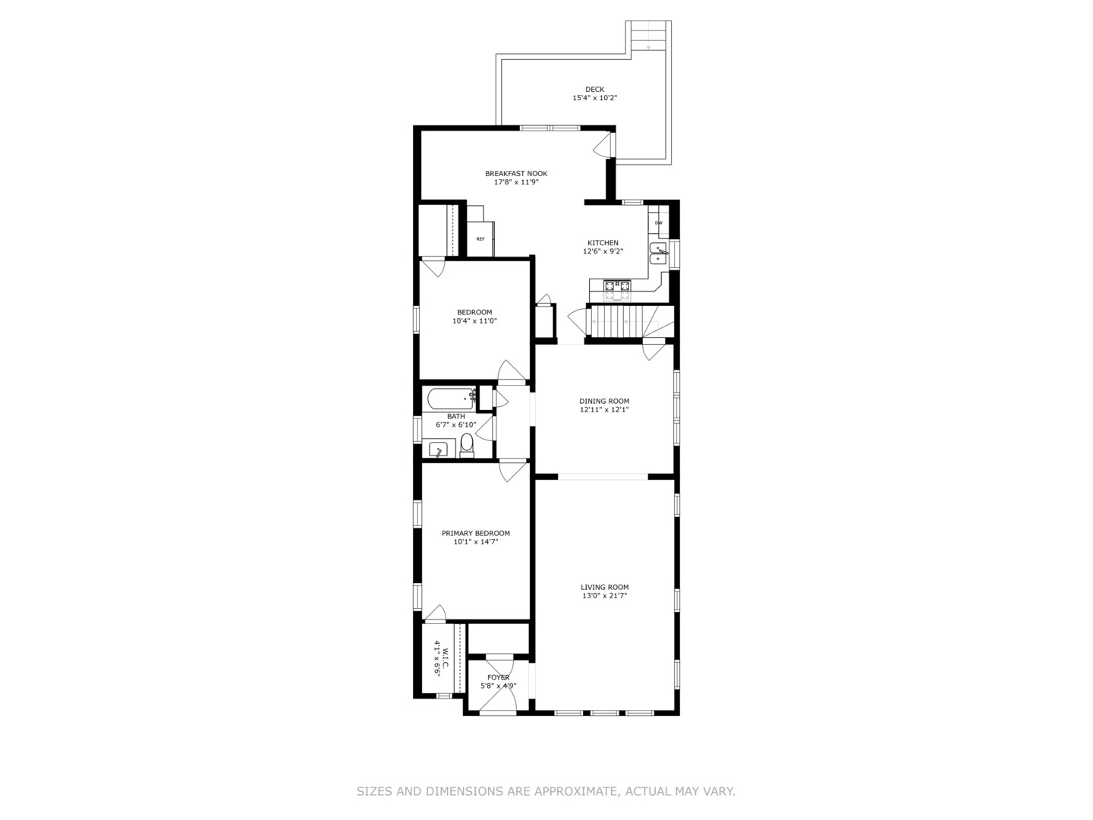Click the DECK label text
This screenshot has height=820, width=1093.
(x=594, y=90)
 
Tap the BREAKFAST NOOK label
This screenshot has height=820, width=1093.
(x=516, y=173)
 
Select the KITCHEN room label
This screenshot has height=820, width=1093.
(x=603, y=243)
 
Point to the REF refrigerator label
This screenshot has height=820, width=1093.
(x=480, y=239)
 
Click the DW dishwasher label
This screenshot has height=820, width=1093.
(x=658, y=222)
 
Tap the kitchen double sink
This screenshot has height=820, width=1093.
(x=659, y=254)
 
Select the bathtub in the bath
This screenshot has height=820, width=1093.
(x=451, y=399)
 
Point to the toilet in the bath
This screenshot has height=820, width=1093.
(x=467, y=445)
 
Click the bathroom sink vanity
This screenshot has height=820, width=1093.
(x=438, y=449)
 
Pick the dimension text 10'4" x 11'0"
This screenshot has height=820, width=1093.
(x=474, y=321)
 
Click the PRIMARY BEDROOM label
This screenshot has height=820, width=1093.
(x=476, y=533)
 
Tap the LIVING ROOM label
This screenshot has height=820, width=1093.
(x=604, y=587)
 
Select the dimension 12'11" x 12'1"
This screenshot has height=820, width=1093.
(x=604, y=410)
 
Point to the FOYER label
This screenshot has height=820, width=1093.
(x=498, y=677)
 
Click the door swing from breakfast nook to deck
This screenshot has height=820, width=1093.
(x=603, y=144)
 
